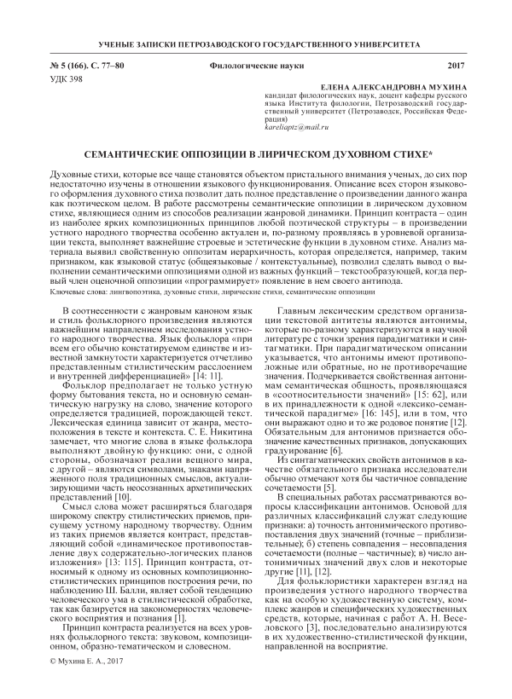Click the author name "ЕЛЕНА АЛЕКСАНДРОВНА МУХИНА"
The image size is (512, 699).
(x=392, y=87)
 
